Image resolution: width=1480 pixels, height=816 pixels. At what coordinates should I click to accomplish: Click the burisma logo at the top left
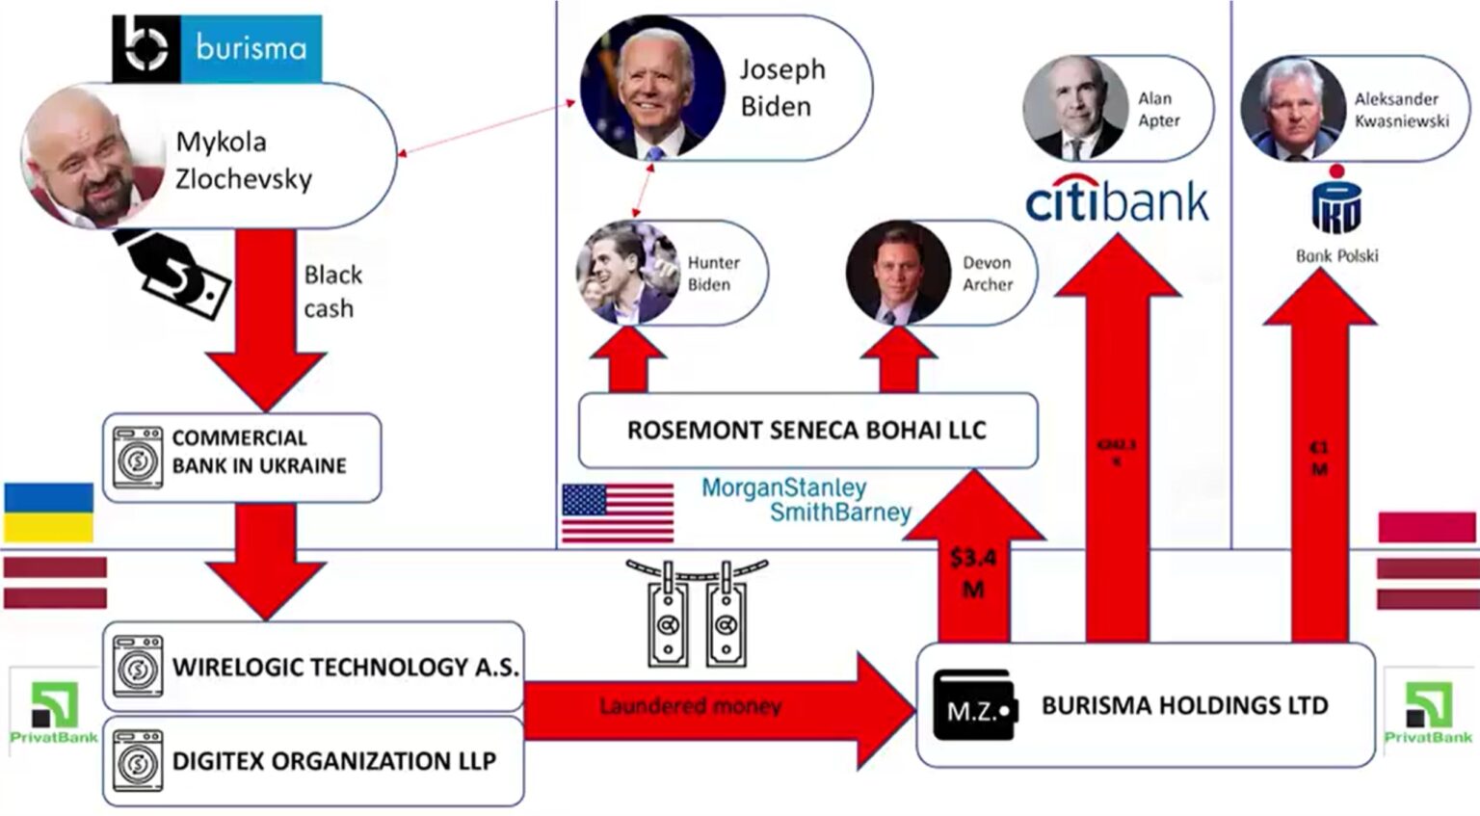217,47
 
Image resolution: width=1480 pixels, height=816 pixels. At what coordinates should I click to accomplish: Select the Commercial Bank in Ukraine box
242,458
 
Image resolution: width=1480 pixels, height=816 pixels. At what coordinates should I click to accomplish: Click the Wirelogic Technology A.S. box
313,667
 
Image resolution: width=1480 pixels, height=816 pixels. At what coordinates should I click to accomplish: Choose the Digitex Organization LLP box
313,760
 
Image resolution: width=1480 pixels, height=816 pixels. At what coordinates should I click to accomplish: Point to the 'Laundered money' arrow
690,706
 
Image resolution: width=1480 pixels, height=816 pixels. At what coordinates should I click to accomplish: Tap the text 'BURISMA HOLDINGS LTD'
1184,705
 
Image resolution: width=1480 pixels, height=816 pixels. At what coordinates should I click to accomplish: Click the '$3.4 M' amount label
973,573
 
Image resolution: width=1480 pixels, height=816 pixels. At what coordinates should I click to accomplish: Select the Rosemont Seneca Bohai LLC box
807,430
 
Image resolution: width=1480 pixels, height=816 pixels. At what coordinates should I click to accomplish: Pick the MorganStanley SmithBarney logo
806,499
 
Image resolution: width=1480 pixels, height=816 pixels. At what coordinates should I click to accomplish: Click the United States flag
618,512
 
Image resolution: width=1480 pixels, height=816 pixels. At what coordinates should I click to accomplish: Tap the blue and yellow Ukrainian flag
49,512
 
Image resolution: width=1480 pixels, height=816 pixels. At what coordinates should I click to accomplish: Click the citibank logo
1117,200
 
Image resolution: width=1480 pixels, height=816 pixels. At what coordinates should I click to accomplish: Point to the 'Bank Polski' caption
1336,255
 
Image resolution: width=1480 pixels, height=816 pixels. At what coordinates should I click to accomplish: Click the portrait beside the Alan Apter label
1074,108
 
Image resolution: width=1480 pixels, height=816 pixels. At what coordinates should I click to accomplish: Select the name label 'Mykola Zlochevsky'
243,160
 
